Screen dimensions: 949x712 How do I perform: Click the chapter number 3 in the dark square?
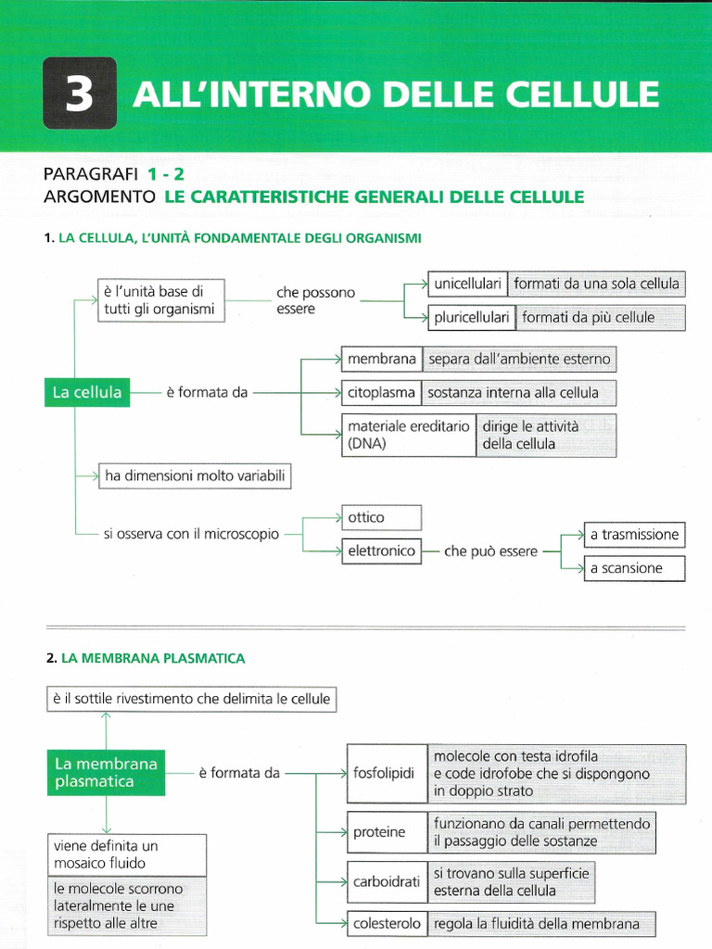coord(79,94)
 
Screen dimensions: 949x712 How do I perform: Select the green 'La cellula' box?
coord(87,392)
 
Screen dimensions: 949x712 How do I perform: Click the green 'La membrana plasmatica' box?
coord(106,773)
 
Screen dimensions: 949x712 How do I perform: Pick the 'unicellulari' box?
coord(467,284)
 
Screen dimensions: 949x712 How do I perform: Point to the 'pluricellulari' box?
coord(472,317)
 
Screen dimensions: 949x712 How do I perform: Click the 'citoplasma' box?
coord(381,392)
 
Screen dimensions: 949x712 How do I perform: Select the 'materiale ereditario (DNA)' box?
coord(408,435)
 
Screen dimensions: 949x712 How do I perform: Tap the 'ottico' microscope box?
coord(381,517)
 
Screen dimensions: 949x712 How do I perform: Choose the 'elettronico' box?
coord(381,550)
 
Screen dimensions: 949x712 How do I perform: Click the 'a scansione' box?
coord(634,568)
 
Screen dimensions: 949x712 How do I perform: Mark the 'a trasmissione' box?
coord(634,535)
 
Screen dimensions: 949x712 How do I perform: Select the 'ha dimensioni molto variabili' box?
coord(195,476)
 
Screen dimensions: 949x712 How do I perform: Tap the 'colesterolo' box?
coord(387,923)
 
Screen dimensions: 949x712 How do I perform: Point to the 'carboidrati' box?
coord(387,881)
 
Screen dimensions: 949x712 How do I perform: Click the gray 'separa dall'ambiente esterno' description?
coord(519,359)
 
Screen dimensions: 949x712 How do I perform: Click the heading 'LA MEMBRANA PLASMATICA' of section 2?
coord(153,658)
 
